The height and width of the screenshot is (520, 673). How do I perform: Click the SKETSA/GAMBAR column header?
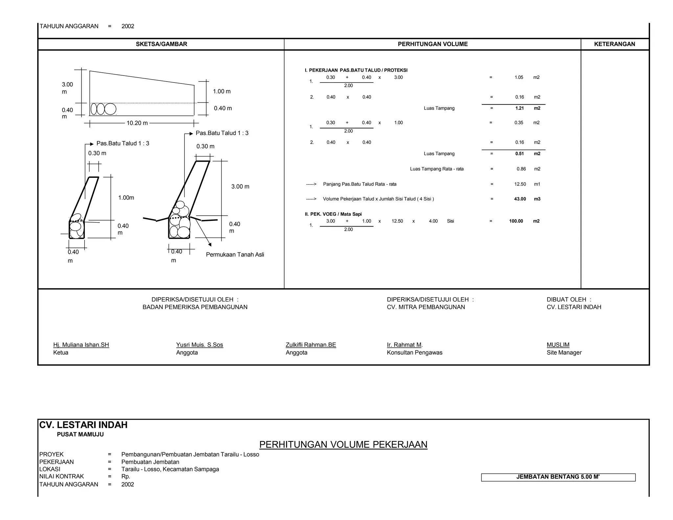pos(161,44)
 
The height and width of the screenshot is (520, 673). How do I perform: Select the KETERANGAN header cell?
pos(615,44)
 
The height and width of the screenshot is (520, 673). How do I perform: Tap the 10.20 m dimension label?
pos(137,123)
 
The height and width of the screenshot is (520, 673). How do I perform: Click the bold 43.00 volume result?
pos(520,199)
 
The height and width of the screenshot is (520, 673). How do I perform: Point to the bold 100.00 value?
pos(516,221)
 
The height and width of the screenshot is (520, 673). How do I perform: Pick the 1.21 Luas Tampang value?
pos(519,108)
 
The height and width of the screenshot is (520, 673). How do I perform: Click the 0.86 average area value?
pos(521,169)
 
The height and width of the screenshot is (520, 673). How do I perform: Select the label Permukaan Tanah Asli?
pos(235,255)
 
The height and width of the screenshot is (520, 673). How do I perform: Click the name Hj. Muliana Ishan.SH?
pos(81,345)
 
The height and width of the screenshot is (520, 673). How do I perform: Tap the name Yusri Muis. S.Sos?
pos(199,345)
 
